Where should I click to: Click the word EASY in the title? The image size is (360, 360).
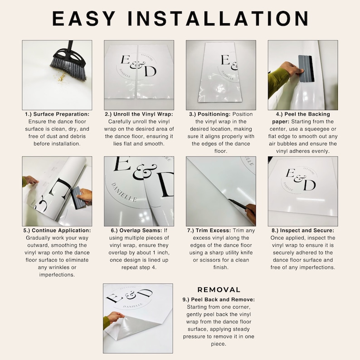point(83,19)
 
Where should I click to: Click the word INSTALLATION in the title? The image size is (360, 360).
point(218,19)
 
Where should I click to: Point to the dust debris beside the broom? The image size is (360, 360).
point(61,77)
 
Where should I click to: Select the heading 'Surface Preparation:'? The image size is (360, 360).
point(61,114)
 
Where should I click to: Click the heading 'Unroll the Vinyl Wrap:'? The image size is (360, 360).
point(143,114)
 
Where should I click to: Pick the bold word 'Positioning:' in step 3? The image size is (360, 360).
point(214,114)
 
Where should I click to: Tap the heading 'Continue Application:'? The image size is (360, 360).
point(61,230)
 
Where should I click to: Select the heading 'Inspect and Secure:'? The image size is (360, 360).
point(307,230)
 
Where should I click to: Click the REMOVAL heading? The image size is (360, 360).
point(219,290)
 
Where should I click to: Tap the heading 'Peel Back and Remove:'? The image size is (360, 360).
point(223,300)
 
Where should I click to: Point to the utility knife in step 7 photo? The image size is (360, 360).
point(239,204)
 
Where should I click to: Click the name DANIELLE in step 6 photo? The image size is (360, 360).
point(124,192)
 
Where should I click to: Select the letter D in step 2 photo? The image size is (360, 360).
point(150,72)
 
